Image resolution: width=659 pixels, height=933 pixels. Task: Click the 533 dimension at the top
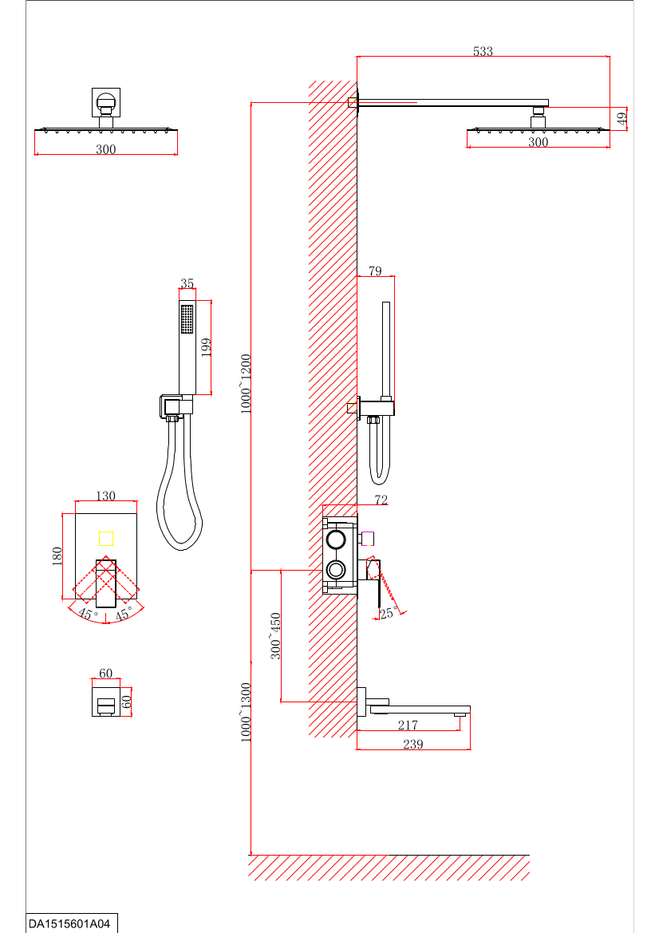coord(483,51)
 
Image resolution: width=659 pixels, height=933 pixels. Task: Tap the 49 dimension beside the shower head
coord(622,119)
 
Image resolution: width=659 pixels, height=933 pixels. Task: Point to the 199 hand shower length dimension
coord(206,347)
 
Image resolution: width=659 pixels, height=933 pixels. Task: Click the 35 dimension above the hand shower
coord(187,283)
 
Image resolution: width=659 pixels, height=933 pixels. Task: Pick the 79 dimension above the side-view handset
coord(375,271)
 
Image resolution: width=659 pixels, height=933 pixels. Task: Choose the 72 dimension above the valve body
coord(381,500)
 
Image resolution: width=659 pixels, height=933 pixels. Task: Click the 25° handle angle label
coord(389,613)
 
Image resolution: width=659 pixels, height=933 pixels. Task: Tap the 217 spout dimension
coord(408,725)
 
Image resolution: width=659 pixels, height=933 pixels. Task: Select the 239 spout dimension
coord(412,744)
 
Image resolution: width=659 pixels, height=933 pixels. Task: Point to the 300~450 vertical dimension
coord(276,635)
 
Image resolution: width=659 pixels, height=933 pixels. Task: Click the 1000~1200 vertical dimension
coord(246,384)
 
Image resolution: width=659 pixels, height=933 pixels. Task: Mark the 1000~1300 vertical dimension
coord(246,713)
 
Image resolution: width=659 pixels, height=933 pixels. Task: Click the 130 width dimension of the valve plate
coord(105,496)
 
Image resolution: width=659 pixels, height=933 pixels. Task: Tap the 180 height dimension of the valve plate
coord(57,556)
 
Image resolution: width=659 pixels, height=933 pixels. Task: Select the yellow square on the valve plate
coord(106,538)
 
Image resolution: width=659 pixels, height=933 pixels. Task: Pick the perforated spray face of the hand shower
coord(187,319)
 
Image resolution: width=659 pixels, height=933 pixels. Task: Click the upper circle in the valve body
coord(336,540)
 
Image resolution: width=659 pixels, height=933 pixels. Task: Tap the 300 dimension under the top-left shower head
coord(105,149)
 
